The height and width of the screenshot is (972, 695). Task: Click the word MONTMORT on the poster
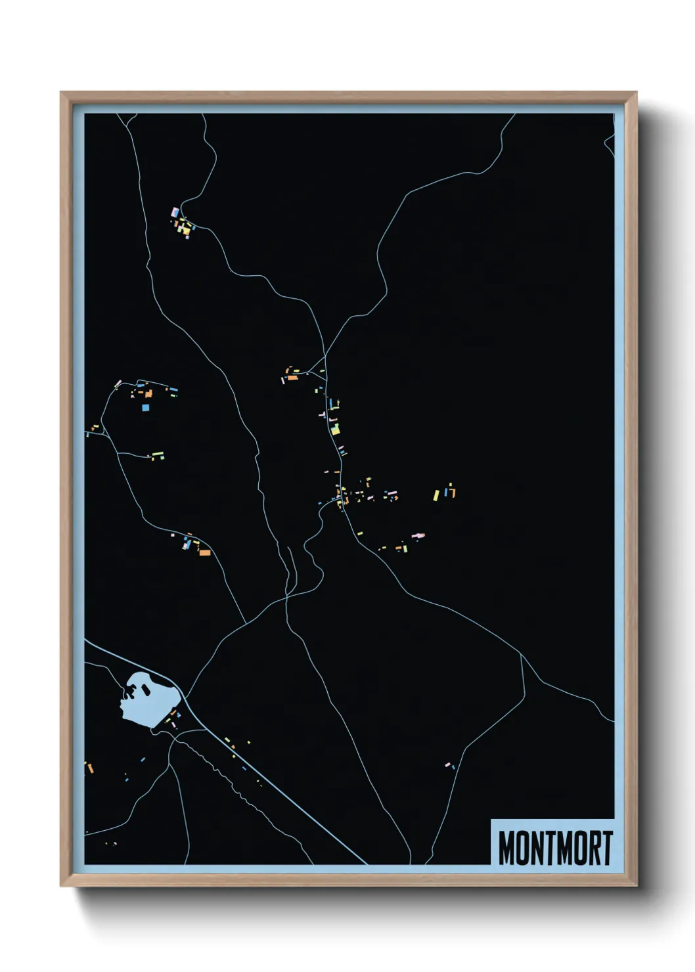555,848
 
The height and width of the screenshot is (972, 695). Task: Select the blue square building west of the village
145,407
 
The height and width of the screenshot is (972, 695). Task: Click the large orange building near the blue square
149,393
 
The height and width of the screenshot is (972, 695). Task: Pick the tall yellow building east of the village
436,495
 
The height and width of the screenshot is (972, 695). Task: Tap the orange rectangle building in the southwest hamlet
205,553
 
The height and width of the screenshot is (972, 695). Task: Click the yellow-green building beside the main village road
335,430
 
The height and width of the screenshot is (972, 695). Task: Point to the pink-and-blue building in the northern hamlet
175,213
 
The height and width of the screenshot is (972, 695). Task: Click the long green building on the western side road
158,454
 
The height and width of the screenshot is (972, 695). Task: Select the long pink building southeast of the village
417,535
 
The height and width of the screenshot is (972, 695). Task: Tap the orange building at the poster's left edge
91,767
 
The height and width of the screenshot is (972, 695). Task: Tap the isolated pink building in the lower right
448,764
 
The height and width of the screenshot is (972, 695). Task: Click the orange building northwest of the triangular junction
292,378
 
